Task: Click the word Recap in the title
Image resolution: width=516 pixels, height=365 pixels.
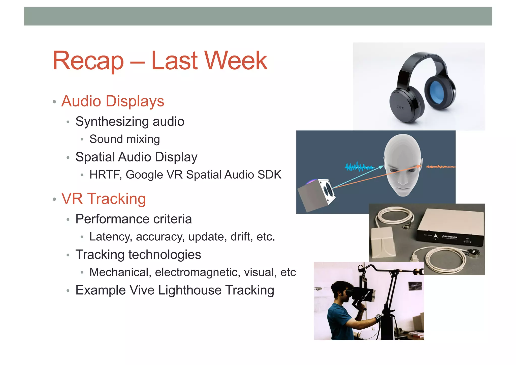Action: (x=88, y=61)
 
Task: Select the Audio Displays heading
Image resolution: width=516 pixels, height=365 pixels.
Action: (x=113, y=101)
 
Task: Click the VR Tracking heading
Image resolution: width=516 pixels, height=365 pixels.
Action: (x=104, y=199)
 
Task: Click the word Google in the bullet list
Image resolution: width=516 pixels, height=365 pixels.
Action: (x=144, y=175)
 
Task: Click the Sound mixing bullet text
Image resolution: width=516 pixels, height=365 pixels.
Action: (x=124, y=139)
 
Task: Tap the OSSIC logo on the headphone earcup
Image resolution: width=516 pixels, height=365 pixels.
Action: (x=400, y=107)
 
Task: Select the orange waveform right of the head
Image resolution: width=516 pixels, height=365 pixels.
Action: (x=440, y=167)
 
